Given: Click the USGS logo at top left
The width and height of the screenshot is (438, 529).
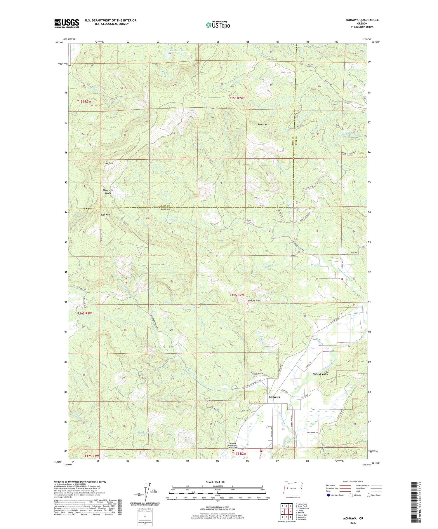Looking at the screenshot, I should click(x=67, y=23).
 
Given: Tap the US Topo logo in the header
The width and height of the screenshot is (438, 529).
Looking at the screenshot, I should click(x=218, y=25).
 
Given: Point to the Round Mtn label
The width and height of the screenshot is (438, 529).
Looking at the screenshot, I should click(x=263, y=125).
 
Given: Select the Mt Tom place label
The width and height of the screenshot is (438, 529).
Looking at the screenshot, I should click(x=109, y=163).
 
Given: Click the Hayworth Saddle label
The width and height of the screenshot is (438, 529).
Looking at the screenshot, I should click(x=108, y=191).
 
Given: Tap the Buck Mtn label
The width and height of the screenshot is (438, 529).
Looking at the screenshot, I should click(x=105, y=215).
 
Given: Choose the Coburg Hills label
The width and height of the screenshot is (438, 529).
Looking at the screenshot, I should click(x=254, y=301).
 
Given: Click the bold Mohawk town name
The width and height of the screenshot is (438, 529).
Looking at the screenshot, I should click(x=274, y=397).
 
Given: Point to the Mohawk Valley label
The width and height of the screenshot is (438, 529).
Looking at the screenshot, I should click(x=320, y=374).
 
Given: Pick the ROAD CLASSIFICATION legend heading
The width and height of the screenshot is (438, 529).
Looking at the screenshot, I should click(x=353, y=481).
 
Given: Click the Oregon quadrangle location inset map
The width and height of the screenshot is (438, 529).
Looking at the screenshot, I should click(x=290, y=489).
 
